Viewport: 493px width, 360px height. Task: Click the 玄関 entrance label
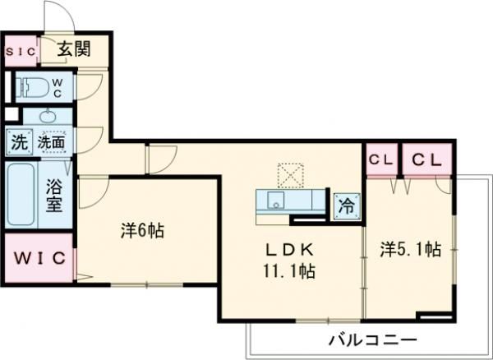point(74,49)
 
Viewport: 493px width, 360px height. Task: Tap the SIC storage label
point(21,51)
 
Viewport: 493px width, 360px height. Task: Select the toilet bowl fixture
point(32,86)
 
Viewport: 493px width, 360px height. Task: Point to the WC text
point(58,86)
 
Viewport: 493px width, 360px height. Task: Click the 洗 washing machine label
point(18,142)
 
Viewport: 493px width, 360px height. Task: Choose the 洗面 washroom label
point(51,142)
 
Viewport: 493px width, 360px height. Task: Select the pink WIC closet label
point(36,258)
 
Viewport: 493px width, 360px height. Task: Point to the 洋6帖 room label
point(142,231)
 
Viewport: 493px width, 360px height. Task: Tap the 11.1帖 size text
point(288,269)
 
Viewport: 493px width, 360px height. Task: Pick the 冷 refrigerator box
point(346,205)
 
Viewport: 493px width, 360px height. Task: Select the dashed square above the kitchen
point(289,174)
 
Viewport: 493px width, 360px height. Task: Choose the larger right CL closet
point(426,160)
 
